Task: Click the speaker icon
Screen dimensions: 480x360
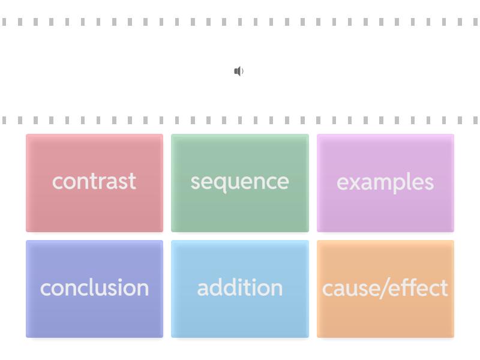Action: pyautogui.click(x=239, y=71)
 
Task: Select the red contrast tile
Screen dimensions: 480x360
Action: pyautogui.click(x=94, y=183)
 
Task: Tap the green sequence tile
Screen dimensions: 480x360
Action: pyautogui.click(x=239, y=183)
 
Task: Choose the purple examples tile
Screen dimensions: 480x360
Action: pyautogui.click(x=385, y=183)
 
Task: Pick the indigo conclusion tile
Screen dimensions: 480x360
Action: pyautogui.click(x=94, y=289)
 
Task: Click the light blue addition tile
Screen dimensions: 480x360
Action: pyautogui.click(x=239, y=289)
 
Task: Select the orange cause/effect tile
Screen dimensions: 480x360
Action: pyautogui.click(x=385, y=289)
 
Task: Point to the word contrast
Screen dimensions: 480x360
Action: pyautogui.click(x=94, y=181)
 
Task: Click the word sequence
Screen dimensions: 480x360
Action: pyautogui.click(x=239, y=183)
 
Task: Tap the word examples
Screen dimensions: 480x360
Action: pyautogui.click(x=385, y=182)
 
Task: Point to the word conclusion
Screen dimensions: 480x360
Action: pyautogui.click(x=94, y=287)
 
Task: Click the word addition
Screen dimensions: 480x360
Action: pyautogui.click(x=239, y=287)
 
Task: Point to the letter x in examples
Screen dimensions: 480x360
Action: pyautogui.click(x=356, y=182)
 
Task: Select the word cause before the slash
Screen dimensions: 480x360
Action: pyautogui.click(x=350, y=289)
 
